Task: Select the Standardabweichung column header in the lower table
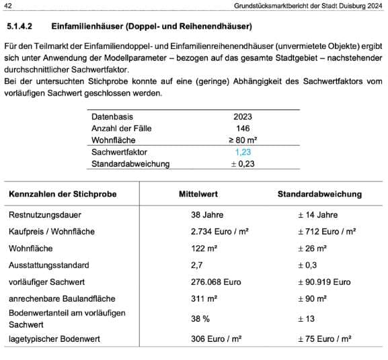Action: tap(319, 194)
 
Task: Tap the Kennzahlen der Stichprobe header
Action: tap(63, 194)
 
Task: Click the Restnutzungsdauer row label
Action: tap(43, 215)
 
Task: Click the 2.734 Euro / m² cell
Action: tap(220, 232)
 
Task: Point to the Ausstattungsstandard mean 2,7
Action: tap(197, 265)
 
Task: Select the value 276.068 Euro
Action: tap(216, 282)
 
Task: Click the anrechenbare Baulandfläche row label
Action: tap(62, 298)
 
